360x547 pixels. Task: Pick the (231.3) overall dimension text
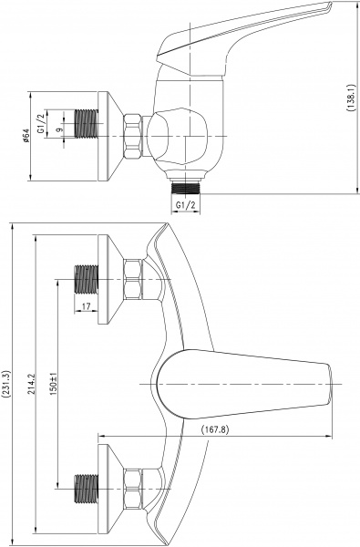(7, 384)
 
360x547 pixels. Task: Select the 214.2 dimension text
(33, 384)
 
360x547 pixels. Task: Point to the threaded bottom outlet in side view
(187, 184)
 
